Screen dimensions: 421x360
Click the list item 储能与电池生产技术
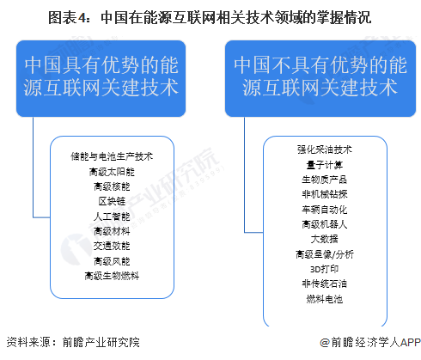tap(112, 156)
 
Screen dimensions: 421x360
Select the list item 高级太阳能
tap(112, 172)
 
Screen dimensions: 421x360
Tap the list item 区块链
tap(112, 201)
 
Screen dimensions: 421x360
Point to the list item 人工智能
tap(112, 217)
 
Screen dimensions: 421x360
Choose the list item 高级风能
tap(112, 261)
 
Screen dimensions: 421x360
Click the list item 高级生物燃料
tap(112, 276)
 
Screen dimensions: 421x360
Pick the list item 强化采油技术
tap(325, 149)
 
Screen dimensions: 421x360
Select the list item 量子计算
tap(325, 165)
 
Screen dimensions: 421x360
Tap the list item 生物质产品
tap(325, 180)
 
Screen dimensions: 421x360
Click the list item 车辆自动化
tap(325, 210)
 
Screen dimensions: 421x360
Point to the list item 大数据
tap(325, 239)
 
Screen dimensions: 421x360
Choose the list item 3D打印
tap(325, 269)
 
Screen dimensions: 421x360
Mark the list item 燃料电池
tap(325, 299)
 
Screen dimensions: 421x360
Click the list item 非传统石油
tap(325, 284)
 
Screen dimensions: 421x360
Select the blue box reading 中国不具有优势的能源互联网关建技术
tap(320, 78)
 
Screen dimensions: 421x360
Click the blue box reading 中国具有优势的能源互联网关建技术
tap(101, 78)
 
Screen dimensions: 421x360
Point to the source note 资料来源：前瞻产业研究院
tap(73, 342)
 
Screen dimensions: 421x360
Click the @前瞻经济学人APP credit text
tap(370, 342)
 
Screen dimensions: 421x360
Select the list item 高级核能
tap(112, 186)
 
